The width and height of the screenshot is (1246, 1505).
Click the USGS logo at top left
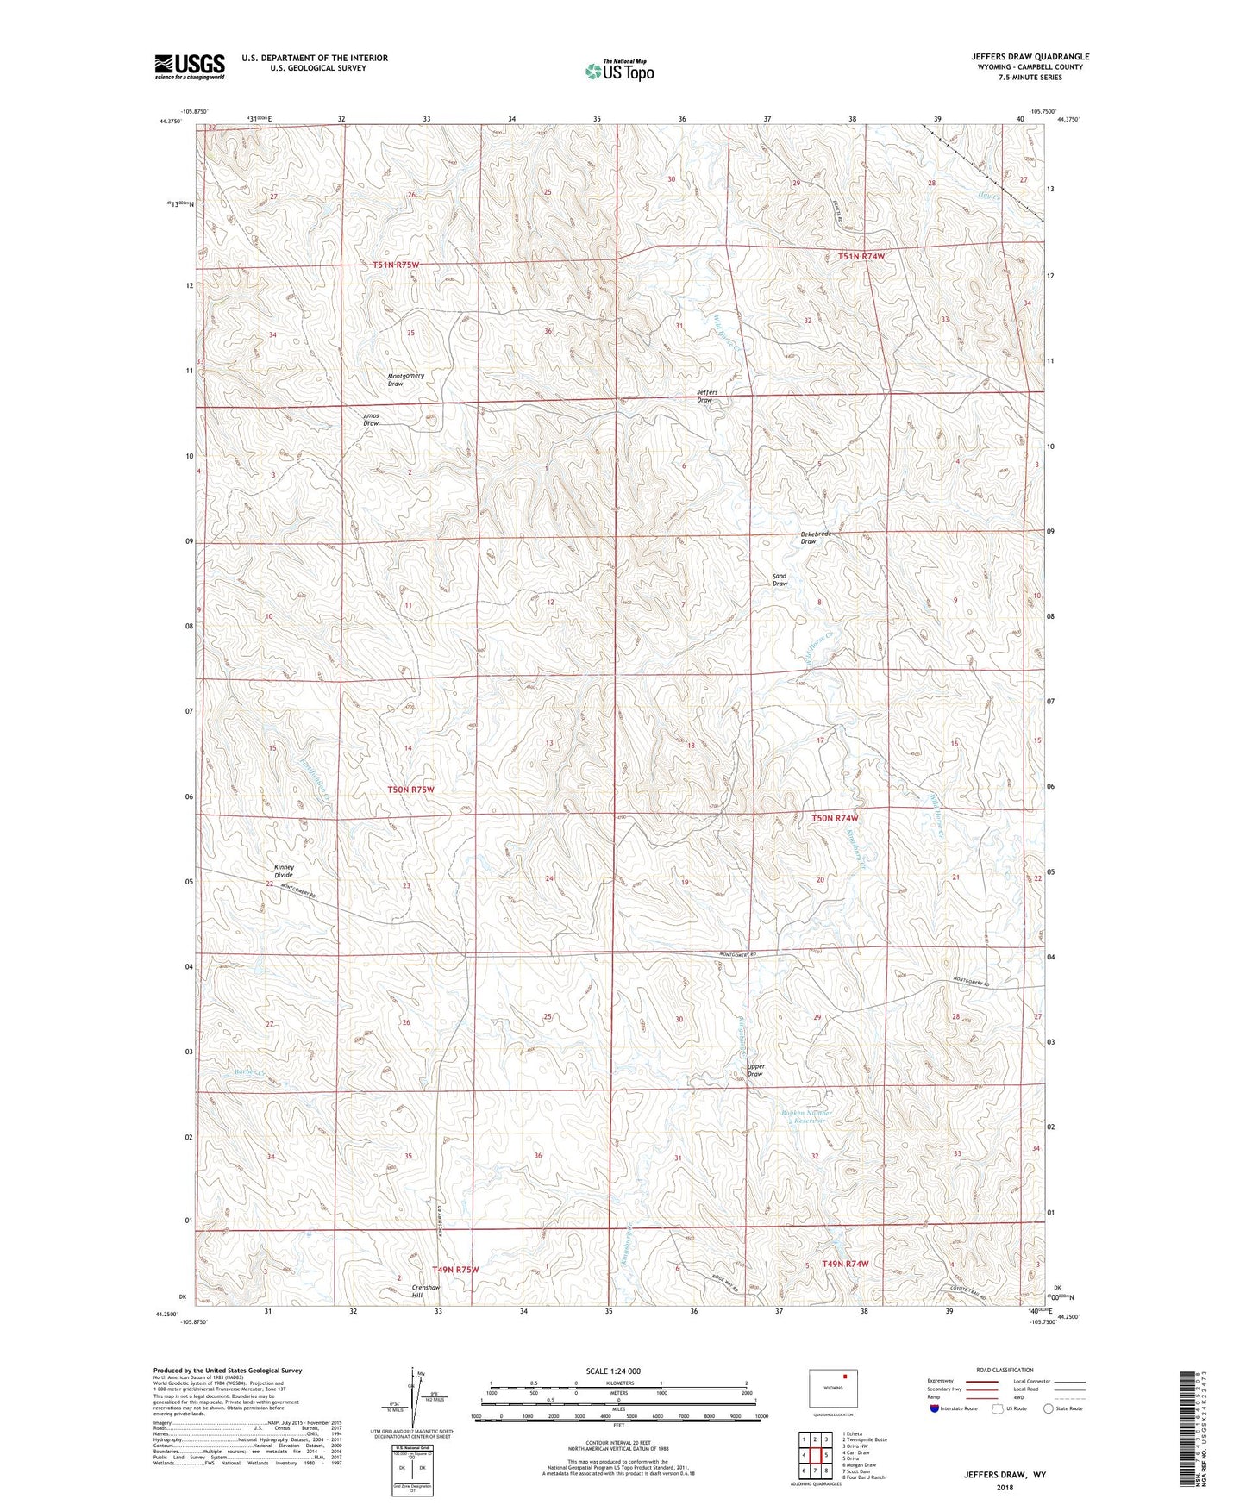(x=190, y=66)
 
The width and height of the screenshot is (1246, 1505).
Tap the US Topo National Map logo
(x=619, y=71)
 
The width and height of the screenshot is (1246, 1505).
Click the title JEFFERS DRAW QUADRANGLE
(x=1030, y=57)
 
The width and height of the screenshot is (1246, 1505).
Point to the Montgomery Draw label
(x=405, y=379)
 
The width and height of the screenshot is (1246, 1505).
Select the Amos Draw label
(x=371, y=420)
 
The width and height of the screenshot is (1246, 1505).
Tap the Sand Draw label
(x=780, y=580)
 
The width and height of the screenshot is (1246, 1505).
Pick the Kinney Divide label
(x=284, y=871)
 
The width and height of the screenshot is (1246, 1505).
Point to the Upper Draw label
(x=755, y=1070)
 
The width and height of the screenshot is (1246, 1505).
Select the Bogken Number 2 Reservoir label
(x=807, y=1117)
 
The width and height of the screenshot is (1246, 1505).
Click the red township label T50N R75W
(x=411, y=790)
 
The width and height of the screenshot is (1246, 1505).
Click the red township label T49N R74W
(x=845, y=1264)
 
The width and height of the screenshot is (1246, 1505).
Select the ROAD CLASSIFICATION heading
(x=1005, y=1370)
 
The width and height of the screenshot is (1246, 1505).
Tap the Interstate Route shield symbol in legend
(x=934, y=1408)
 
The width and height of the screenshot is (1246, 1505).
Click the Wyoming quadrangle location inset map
(x=833, y=1389)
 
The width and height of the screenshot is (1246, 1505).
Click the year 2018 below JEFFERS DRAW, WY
(x=1005, y=1487)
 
